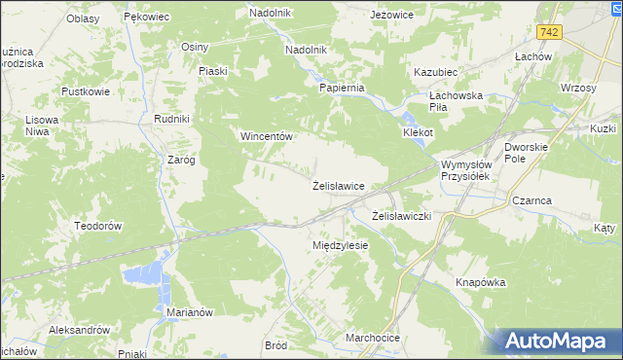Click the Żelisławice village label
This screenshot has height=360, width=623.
pos(338,185)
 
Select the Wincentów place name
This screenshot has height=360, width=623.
pos(267,137)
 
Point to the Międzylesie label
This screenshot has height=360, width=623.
pos(340,246)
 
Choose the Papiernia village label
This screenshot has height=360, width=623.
pos(342,88)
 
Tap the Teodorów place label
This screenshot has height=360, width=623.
pos(96,225)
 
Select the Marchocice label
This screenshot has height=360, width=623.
pos(373,339)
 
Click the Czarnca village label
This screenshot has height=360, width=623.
pos(531,200)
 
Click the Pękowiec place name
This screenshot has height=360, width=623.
pos(148,18)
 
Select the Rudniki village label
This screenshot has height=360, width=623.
pos(171,119)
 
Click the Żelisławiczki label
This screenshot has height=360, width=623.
pos(402,215)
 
